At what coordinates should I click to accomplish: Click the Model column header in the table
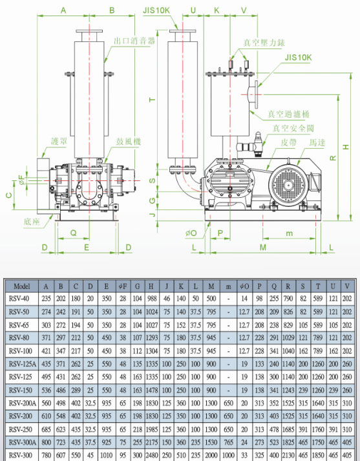(22, 286)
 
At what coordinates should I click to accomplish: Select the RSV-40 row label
(19, 299)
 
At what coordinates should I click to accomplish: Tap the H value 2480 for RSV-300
(152, 455)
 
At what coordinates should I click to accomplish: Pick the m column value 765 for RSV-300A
(228, 442)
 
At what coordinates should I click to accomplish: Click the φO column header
(244, 286)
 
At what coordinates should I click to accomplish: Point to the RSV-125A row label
(23, 364)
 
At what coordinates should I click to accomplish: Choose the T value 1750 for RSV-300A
(318, 442)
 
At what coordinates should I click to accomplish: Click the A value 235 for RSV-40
(46, 299)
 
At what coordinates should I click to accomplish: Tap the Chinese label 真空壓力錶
(264, 43)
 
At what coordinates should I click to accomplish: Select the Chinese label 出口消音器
(134, 41)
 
